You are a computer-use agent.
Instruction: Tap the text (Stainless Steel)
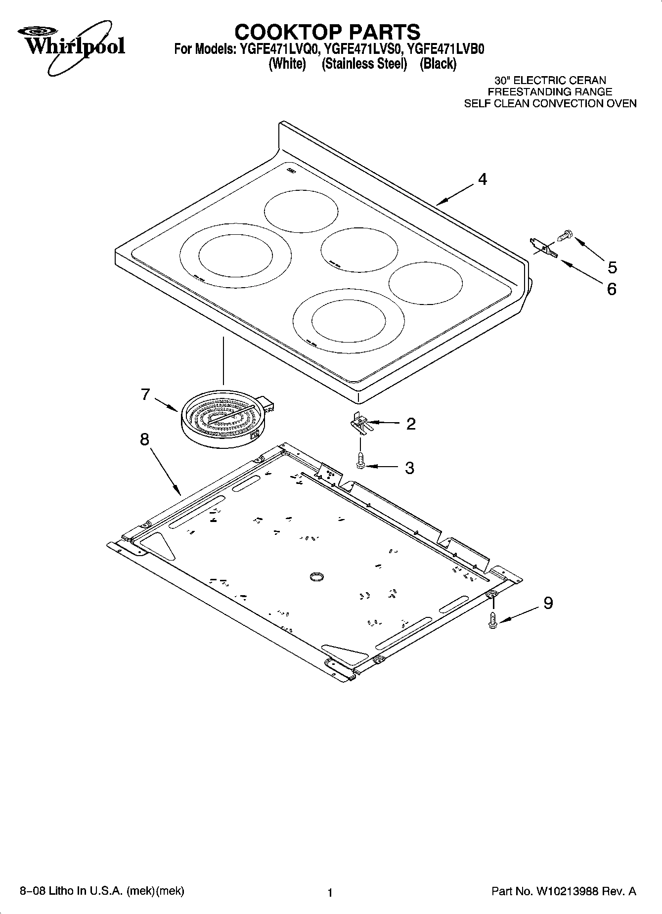tap(363, 64)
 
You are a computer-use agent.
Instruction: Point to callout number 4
tap(482, 179)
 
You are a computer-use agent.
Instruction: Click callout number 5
tap(612, 267)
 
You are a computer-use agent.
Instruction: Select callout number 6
tap(612, 289)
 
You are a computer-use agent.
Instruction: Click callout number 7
tap(145, 394)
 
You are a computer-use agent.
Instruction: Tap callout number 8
tap(144, 439)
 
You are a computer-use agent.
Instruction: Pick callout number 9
tap(548, 603)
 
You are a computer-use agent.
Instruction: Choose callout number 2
tap(411, 424)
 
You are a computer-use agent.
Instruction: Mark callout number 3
tap(410, 468)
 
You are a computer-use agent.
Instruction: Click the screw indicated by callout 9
tap(492, 620)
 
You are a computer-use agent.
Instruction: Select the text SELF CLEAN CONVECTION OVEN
tap(550, 104)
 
